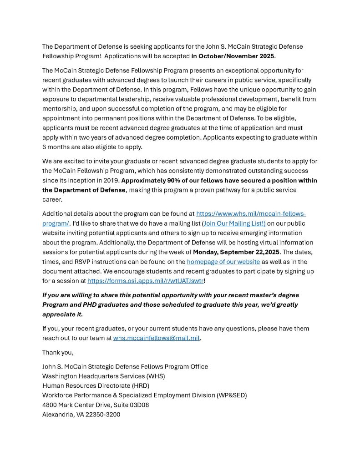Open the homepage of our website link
click(223, 261)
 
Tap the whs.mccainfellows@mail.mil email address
click(157, 338)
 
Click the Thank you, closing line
click(58, 352)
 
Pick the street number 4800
click(50, 405)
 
